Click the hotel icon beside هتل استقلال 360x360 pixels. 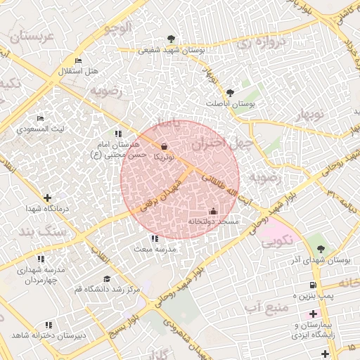(77, 62)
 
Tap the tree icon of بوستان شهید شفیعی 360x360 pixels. (172, 39)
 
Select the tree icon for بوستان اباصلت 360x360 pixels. (230, 92)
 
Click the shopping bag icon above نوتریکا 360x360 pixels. (165, 147)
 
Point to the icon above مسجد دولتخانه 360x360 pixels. (213, 211)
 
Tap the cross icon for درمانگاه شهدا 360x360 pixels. (47, 198)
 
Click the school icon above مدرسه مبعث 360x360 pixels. (155, 238)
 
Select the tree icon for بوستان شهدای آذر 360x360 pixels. (321, 248)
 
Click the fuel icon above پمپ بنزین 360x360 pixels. (314, 285)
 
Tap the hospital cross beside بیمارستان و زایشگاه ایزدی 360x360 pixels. (314, 313)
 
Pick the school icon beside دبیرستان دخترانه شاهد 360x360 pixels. (49, 325)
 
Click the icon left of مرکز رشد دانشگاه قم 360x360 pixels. (107, 278)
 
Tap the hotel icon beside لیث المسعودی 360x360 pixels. (40, 118)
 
